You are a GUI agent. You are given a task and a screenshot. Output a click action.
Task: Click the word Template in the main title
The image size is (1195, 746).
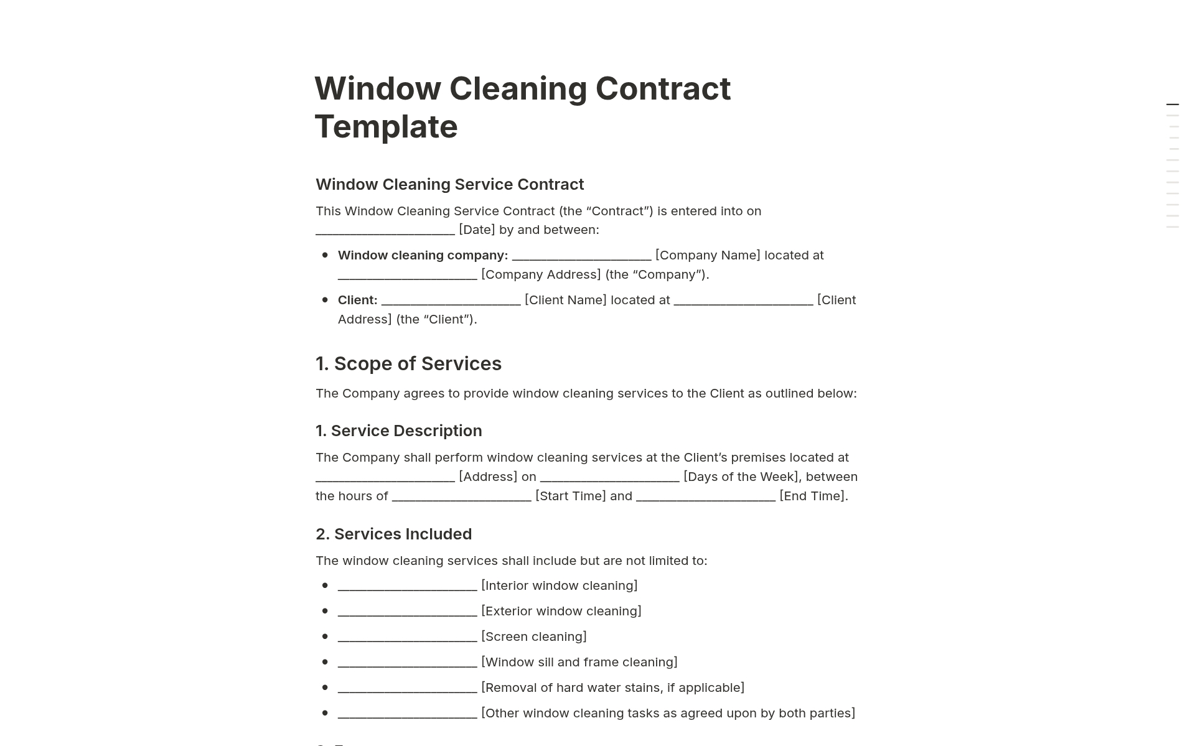tap(386, 127)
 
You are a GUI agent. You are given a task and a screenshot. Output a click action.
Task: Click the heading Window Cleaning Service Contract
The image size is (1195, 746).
tap(449, 184)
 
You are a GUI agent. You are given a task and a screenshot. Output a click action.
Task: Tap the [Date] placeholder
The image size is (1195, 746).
tap(477, 230)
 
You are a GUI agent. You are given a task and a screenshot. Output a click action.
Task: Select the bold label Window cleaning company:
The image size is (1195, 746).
tap(423, 255)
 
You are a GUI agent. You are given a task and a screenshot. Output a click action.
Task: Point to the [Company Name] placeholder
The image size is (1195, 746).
tap(708, 255)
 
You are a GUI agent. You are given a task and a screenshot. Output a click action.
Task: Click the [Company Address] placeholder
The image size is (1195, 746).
tap(541, 274)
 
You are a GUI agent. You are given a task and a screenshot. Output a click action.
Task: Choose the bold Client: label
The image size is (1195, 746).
tap(357, 300)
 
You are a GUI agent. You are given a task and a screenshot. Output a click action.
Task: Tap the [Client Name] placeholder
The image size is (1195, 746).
tap(565, 300)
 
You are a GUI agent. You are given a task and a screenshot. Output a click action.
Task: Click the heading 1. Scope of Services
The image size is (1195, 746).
tap(408, 363)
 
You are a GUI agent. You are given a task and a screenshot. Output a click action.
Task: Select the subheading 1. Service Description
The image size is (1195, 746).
tap(398, 431)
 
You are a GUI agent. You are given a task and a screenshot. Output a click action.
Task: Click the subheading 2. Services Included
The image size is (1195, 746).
tap(393, 534)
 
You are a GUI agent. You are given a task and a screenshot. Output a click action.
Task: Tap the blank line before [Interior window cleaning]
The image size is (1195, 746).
tap(407, 586)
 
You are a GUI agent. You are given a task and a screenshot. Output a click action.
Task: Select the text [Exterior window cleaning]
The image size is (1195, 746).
tap(561, 611)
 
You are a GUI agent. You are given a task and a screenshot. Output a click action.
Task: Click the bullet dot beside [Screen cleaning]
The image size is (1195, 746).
tap(325, 636)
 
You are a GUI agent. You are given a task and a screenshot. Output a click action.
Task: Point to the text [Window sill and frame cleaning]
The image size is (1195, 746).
tap(579, 662)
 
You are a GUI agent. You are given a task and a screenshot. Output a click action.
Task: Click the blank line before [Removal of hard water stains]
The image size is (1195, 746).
tap(407, 688)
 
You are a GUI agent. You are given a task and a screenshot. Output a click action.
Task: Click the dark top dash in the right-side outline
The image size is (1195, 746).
tap(1173, 105)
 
